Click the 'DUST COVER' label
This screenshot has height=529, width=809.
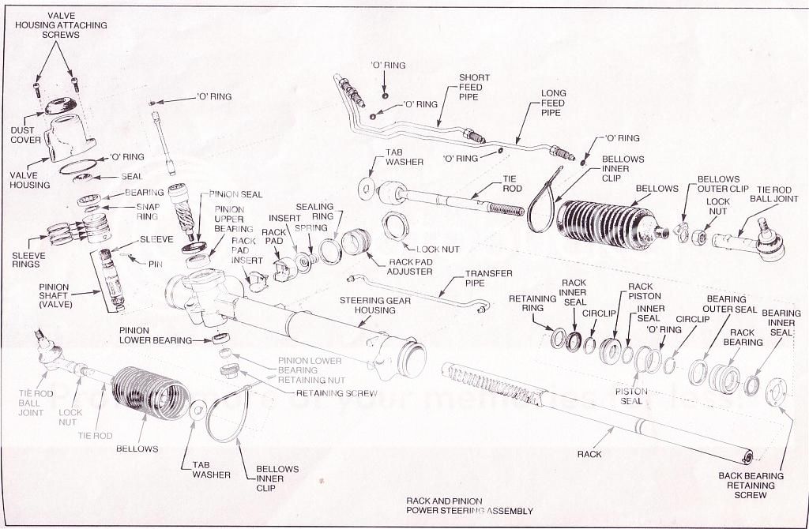click(x=25, y=134)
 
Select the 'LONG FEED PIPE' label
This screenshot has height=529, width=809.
click(x=553, y=103)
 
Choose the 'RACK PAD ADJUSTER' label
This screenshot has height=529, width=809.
click(x=410, y=266)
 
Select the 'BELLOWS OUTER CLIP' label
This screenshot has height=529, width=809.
click(x=718, y=184)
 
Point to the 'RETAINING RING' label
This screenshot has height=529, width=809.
click(x=528, y=304)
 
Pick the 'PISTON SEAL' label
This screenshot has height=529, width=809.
click(x=631, y=396)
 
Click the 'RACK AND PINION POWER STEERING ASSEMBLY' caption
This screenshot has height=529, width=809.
click(x=469, y=506)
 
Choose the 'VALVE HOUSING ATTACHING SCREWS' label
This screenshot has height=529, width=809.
click(x=61, y=25)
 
